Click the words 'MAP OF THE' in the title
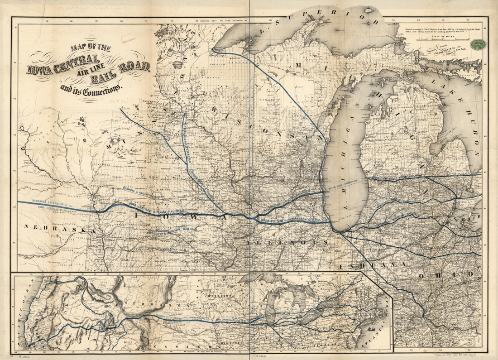pyautogui.click(x=90, y=48)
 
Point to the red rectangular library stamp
pyautogui.click(x=128, y=41)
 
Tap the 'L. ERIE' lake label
pyautogui.click(x=471, y=216)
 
